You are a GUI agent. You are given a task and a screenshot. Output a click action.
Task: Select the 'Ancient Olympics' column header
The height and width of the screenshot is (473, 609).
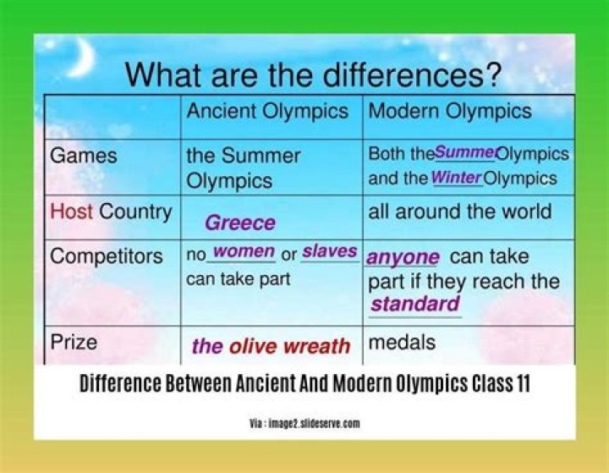coord(267,111)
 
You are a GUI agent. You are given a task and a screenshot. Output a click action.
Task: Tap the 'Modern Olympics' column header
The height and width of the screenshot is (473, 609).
coord(450,111)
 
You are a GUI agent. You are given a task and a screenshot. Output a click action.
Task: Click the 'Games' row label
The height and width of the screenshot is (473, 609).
coord(84,157)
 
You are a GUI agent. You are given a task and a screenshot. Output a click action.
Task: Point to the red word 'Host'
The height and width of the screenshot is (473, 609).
coord(72,212)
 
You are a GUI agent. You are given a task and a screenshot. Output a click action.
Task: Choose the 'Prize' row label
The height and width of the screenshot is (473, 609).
coord(74,343)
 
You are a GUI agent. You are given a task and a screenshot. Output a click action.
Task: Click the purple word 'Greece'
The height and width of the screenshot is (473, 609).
coord(240,223)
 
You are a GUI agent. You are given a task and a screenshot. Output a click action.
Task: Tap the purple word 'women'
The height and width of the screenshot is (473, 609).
coord(243,252)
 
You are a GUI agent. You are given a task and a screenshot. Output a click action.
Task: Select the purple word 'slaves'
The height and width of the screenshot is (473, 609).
coord(329,252)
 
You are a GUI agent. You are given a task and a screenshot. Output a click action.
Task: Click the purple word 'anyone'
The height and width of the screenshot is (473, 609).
coord(403,257)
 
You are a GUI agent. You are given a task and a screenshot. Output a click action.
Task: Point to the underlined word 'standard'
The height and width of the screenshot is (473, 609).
coord(415,305)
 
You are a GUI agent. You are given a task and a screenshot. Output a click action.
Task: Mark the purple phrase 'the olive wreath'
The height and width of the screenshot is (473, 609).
coord(271,346)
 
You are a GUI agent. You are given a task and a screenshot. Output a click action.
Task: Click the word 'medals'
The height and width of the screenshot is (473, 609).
coord(402,343)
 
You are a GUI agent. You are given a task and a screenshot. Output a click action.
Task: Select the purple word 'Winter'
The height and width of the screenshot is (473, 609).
coord(456,179)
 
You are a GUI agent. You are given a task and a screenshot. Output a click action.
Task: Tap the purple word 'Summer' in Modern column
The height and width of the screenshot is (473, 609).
coord(464,153)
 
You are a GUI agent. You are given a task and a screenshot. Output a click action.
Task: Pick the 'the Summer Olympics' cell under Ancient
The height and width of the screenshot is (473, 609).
coord(243,168)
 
